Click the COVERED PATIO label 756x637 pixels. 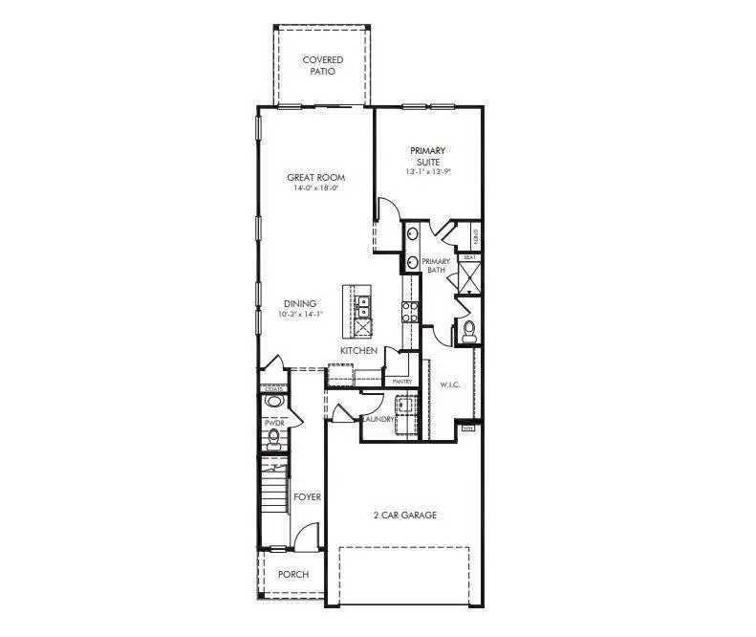(323, 66)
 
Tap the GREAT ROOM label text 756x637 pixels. (316, 177)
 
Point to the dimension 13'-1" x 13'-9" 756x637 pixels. (428, 171)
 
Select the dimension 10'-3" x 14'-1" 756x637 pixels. (301, 314)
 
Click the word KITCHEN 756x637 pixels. (358, 351)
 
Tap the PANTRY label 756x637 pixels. (402, 382)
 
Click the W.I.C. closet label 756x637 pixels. (450, 385)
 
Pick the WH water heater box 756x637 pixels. (467, 428)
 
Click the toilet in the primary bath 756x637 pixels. (468, 331)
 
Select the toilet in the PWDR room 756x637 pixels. (273, 439)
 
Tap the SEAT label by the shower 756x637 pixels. (469, 257)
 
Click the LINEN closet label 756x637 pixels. (475, 235)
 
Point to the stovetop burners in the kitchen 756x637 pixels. (409, 310)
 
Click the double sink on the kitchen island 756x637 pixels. (364, 305)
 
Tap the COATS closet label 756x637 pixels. (273, 389)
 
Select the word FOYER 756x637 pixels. (307, 497)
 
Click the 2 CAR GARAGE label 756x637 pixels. (404, 516)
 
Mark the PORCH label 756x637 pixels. (293, 575)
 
